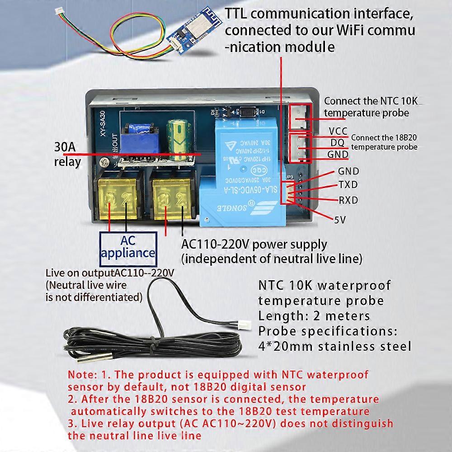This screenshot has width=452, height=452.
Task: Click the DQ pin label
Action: [337, 143]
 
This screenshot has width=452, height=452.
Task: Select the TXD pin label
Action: [348, 184]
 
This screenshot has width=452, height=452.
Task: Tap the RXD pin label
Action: [348, 199]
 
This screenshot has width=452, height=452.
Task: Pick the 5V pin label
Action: [340, 220]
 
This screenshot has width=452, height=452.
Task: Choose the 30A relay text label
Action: [68, 155]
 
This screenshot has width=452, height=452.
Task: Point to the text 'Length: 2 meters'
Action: [314, 315]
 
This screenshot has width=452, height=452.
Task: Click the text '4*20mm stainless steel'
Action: [334, 347]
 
